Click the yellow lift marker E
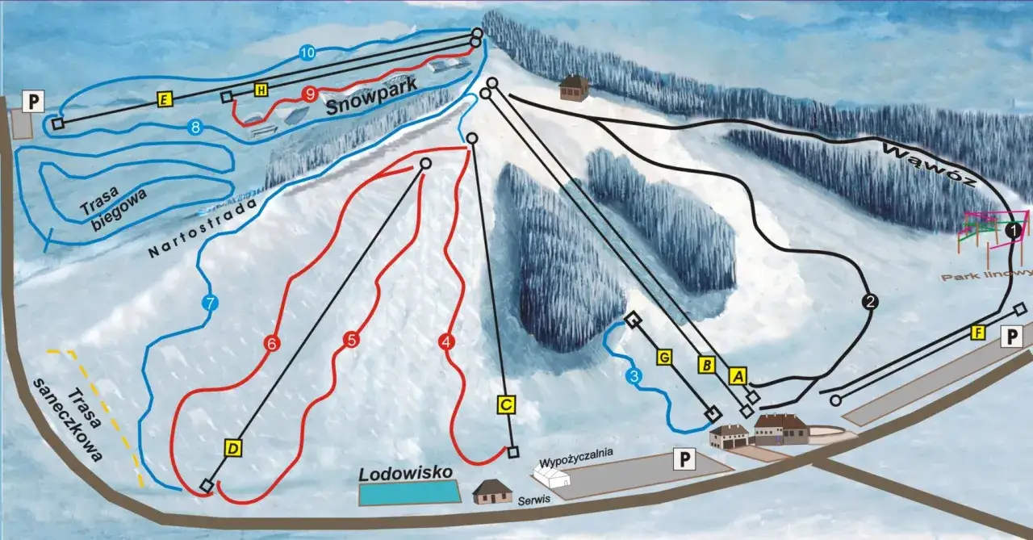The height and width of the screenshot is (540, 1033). [x=165, y=100]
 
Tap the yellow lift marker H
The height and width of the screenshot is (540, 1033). [x=261, y=90]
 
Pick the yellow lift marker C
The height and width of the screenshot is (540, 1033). [x=506, y=405]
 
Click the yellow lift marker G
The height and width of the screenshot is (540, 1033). [x=664, y=357]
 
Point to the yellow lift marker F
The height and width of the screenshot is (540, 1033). [x=979, y=333]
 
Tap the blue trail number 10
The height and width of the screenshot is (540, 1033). [x=306, y=53]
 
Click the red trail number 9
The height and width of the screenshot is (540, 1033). [x=310, y=94]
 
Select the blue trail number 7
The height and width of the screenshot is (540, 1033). [x=209, y=304]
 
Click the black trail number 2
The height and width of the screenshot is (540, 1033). [x=869, y=303]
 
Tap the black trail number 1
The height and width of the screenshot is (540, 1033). [x=1013, y=232]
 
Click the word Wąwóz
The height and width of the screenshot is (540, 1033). [x=930, y=165]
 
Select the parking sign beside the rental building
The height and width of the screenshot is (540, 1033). [x=684, y=460]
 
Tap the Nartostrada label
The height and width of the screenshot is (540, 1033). [x=203, y=228]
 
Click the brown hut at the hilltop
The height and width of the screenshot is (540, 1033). [x=574, y=88]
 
